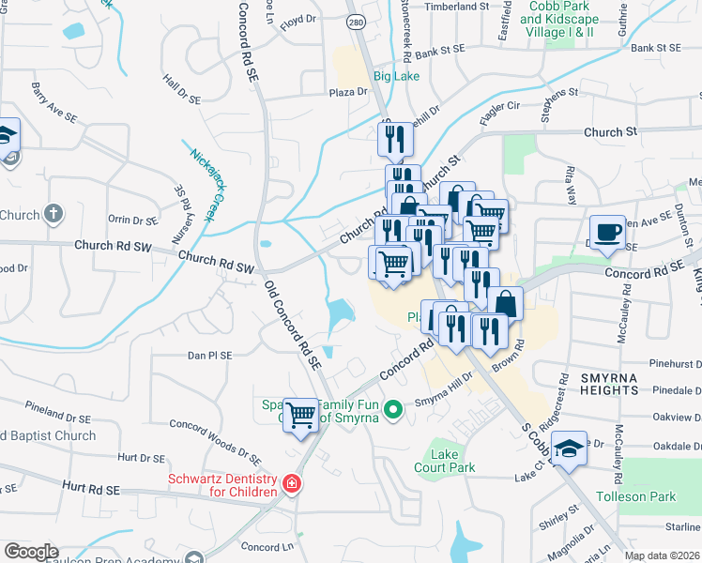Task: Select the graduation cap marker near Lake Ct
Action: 570,449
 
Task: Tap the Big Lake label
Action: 396,76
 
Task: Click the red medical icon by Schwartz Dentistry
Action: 293,484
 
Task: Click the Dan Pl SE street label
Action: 209,356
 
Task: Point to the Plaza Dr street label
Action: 347,92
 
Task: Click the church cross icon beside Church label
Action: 53,214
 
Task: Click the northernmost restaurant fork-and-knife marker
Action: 393,138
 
